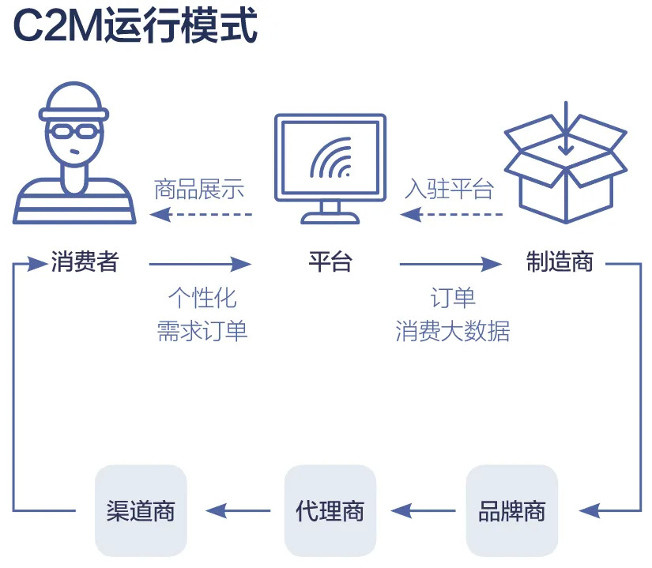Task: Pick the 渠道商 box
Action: tap(141, 510)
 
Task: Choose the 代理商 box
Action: tap(330, 510)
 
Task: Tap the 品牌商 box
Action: tap(512, 510)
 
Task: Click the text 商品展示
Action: tap(199, 190)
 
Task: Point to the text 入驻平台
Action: tap(450, 190)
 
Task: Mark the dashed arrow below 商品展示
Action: tap(201, 214)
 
